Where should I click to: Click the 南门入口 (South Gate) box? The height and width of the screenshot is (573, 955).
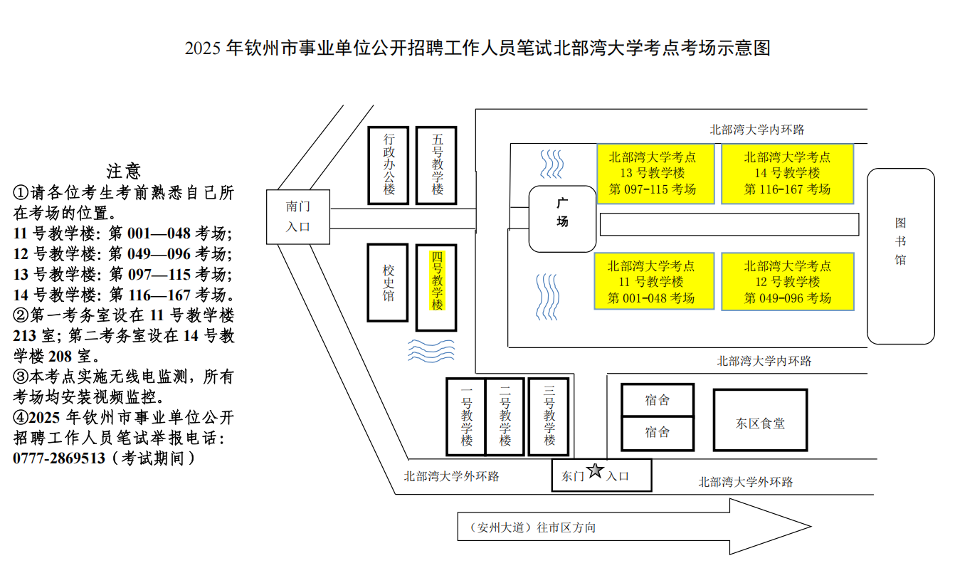tap(298, 216)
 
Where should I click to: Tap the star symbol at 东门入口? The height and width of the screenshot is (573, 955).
tap(596, 471)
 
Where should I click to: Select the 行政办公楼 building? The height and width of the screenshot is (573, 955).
tap(389, 165)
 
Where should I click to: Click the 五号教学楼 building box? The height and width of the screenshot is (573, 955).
tap(436, 165)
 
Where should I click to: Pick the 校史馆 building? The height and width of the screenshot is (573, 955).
tap(388, 283)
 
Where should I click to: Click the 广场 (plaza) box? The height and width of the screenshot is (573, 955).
tap(562, 219)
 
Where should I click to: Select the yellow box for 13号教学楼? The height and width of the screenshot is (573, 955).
tap(655, 174)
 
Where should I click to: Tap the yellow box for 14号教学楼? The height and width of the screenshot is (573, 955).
tap(787, 174)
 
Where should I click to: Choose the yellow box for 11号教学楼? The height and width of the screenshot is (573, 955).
tap(654, 282)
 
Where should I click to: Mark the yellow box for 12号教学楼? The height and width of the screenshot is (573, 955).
tap(787, 282)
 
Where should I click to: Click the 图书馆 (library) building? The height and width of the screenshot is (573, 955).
tap(900, 256)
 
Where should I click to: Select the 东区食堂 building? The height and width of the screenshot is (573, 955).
tap(760, 420)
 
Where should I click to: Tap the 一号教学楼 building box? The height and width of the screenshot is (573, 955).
tap(466, 416)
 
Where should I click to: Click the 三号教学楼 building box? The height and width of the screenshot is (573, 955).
tap(549, 416)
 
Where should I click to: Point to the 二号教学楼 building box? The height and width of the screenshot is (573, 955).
tap(505, 416)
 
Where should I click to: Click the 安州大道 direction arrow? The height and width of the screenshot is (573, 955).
tap(633, 527)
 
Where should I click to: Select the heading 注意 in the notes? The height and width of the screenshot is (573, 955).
tap(124, 171)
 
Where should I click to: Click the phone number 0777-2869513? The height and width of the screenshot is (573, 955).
tap(59, 458)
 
